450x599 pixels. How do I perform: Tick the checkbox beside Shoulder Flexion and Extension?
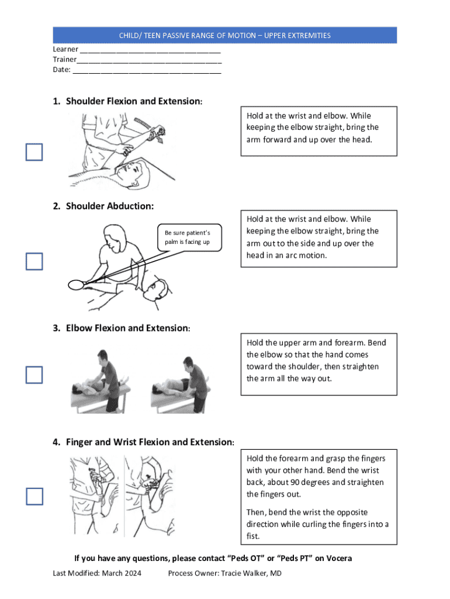click(x=34, y=152)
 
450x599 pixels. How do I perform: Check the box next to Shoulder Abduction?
click(x=34, y=261)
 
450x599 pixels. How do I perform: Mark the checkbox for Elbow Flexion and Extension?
click(x=34, y=375)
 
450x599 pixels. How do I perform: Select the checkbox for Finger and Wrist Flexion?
click(x=34, y=496)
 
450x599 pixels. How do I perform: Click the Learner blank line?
click(x=150, y=52)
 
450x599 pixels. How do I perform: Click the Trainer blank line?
click(x=149, y=62)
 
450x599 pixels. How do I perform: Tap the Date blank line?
click(x=147, y=73)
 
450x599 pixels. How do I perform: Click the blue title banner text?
click(x=225, y=36)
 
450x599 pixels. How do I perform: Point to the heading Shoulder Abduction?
click(x=110, y=206)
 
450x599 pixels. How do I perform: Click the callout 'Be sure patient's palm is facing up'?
click(x=190, y=237)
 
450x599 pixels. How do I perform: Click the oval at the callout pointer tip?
click(x=76, y=285)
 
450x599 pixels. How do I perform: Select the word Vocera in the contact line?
click(x=340, y=558)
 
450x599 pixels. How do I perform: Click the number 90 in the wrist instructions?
click(x=295, y=482)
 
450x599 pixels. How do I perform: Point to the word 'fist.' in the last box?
click(x=253, y=536)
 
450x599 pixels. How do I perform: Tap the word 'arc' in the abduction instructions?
click(x=291, y=255)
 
